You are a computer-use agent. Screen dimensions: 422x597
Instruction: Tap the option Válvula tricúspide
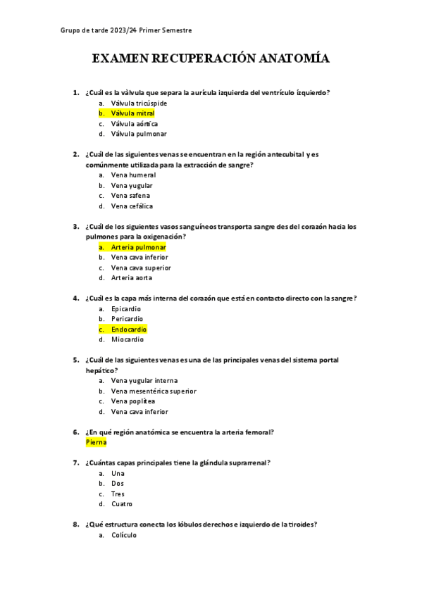(139, 103)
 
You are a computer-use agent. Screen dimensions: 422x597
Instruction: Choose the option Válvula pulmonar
(139, 134)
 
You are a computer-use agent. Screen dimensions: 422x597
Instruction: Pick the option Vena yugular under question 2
(132, 185)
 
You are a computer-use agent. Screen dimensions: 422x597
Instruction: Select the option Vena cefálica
(132, 206)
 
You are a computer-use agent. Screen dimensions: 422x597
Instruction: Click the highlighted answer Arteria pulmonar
(139, 247)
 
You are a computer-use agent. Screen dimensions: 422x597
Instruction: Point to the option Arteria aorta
(131, 278)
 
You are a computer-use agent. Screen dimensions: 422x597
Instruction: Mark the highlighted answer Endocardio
(129, 329)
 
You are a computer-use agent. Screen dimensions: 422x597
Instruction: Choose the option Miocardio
(128, 339)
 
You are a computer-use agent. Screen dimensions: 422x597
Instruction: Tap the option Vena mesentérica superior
(154, 391)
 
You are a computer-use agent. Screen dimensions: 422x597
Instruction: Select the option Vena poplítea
(133, 401)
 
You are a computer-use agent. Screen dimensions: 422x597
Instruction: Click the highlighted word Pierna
(96, 442)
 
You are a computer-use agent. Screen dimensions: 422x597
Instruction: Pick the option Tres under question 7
(118, 494)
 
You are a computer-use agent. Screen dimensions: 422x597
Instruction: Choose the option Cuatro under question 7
(122, 504)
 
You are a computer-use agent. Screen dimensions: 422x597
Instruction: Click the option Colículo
(124, 535)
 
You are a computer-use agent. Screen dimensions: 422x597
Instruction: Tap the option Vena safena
(130, 196)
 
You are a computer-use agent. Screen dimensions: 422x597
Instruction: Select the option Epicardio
(126, 308)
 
